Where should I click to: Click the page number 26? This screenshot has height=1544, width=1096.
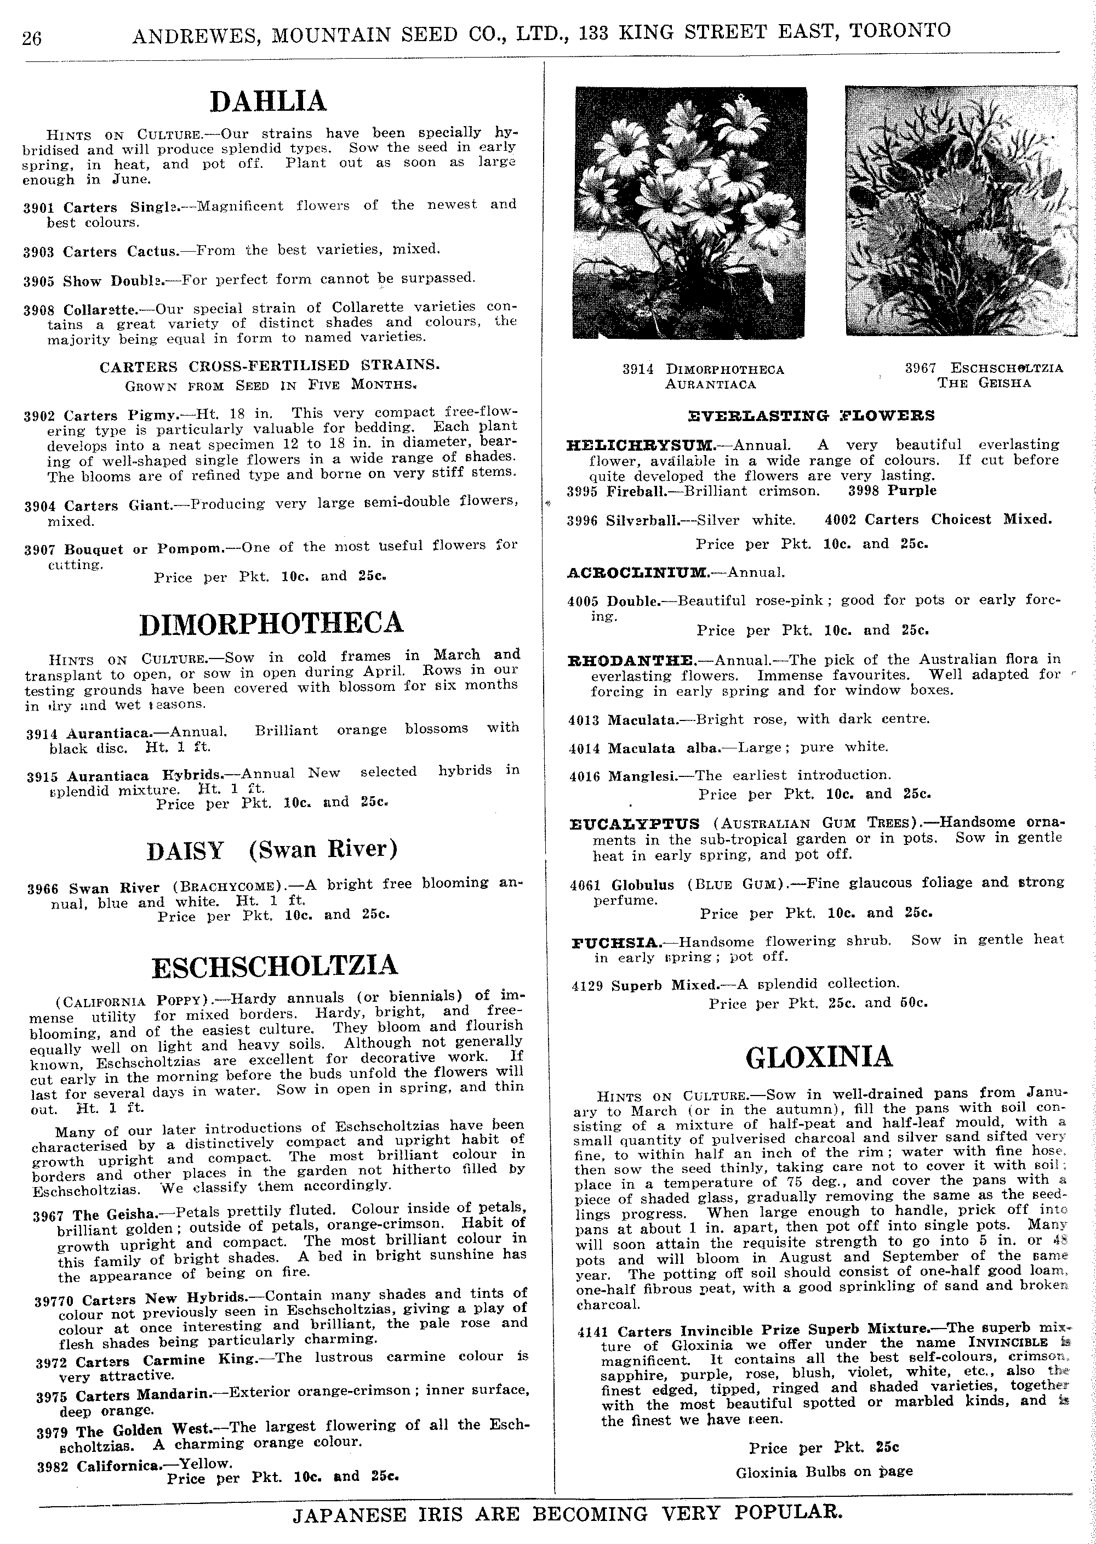(32, 38)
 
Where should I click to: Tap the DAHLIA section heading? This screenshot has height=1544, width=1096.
(268, 101)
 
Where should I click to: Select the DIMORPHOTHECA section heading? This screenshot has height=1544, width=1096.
(271, 623)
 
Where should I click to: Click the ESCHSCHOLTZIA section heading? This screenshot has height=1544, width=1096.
(275, 966)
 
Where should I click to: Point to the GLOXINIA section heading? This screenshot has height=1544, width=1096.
(819, 1057)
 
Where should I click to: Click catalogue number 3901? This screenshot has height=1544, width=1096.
(38, 208)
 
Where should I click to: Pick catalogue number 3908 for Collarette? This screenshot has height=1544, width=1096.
(39, 310)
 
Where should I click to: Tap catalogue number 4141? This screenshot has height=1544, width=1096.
(593, 1332)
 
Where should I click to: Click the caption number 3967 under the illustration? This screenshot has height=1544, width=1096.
(920, 368)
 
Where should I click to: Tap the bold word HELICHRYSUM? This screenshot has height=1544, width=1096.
(641, 445)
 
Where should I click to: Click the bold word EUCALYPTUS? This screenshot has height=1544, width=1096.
(635, 824)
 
